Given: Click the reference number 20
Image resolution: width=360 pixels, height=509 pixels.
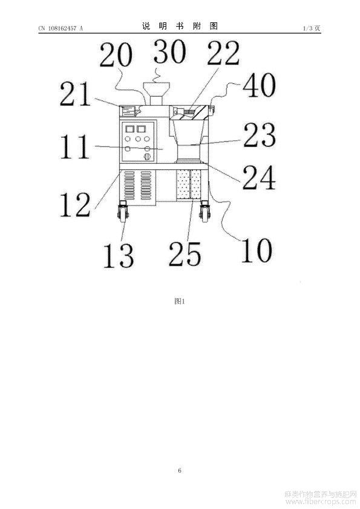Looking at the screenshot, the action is (x=116, y=55).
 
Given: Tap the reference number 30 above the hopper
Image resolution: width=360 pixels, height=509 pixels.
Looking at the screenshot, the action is (x=170, y=51).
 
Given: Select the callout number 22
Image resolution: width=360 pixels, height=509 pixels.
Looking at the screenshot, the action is (x=223, y=53).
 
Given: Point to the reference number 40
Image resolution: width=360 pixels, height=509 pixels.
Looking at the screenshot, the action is (x=260, y=85).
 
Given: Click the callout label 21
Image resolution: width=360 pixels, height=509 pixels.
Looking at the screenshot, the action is (x=75, y=94).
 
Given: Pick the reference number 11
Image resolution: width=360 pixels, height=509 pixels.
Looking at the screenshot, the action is (x=75, y=147).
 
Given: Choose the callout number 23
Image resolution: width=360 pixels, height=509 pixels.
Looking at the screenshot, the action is (x=260, y=134).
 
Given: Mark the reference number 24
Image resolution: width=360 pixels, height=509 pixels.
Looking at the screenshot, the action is (x=259, y=177).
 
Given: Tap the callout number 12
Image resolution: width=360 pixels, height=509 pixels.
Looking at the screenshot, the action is (x=75, y=204).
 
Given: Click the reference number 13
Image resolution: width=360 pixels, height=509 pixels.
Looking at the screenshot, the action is (x=118, y=256).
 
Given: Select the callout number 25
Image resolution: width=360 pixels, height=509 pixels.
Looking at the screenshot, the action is (x=185, y=254).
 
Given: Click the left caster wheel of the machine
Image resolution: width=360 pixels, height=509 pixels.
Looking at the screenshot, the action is (x=123, y=212).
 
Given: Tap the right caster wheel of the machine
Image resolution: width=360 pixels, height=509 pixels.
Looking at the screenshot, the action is (x=205, y=212).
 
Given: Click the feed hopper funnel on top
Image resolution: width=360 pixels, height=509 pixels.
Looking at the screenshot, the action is (x=156, y=94).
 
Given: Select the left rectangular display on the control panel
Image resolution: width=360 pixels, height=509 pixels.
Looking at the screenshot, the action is (x=130, y=129).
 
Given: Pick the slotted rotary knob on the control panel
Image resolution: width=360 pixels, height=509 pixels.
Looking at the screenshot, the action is (x=147, y=157).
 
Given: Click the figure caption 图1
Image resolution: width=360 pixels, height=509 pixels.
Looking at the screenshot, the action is (x=180, y=301).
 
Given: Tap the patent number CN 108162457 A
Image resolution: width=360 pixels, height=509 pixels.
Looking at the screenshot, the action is (x=61, y=28).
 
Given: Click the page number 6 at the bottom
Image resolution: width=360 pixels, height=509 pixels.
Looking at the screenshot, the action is (x=180, y=470).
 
